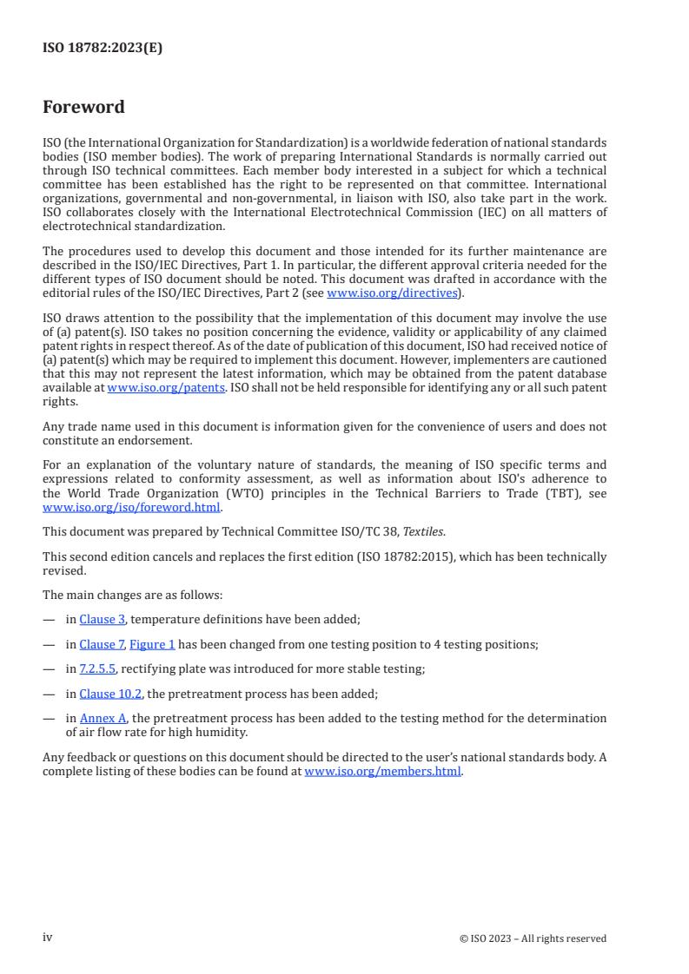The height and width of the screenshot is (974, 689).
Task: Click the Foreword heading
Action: pyautogui.click(x=83, y=108)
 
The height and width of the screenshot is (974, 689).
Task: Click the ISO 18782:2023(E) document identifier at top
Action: pyautogui.click(x=103, y=49)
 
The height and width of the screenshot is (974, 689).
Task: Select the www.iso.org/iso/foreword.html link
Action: pyautogui.click(x=132, y=507)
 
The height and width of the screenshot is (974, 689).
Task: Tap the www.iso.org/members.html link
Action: pyautogui.click(x=382, y=771)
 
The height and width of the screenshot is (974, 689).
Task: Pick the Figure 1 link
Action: pyautogui.click(x=152, y=644)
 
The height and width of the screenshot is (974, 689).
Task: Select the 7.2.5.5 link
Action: pyautogui.click(x=97, y=668)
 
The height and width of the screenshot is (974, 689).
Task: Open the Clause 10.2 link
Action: pyautogui.click(x=110, y=694)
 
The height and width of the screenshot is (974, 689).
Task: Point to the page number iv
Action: pyautogui.click(x=48, y=938)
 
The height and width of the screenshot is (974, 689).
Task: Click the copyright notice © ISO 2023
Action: pyautogui.click(x=533, y=938)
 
